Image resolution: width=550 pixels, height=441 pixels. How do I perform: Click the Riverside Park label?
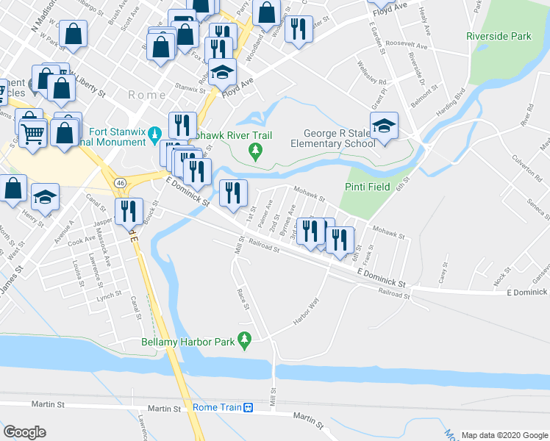click(x=498, y=35)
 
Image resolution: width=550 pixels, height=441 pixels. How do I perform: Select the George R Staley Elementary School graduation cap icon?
click(x=384, y=126)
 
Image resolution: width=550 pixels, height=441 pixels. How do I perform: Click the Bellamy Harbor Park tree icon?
click(x=246, y=338)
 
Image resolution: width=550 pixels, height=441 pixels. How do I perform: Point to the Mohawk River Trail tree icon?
click(x=255, y=152)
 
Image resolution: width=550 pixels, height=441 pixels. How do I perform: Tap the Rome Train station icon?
click(x=249, y=408)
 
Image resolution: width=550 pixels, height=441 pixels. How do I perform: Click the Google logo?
click(x=24, y=431)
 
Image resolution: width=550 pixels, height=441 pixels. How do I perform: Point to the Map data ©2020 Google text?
click(x=504, y=434)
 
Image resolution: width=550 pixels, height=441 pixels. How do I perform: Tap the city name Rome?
click(x=147, y=95)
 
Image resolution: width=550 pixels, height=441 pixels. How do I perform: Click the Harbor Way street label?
click(x=307, y=312)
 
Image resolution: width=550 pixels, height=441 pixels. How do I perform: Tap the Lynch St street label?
click(x=108, y=295)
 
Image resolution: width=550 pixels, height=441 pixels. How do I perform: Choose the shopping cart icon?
click(x=32, y=132)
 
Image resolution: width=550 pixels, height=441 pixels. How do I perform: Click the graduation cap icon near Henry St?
click(x=46, y=196)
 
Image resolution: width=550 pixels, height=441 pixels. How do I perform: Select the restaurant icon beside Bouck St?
click(x=129, y=211)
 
